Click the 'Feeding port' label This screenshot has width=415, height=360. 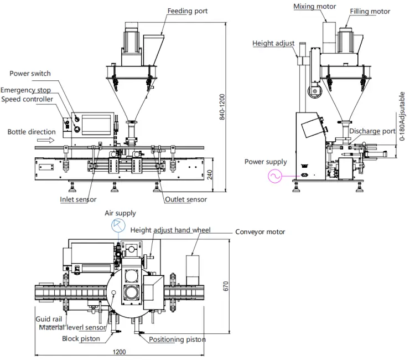[188, 11]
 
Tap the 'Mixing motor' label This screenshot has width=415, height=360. [314, 6]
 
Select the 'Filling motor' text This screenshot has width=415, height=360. [370, 12]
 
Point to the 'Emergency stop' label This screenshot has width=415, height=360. [25, 90]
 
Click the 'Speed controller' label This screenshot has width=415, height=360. [27, 99]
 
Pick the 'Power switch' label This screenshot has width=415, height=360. [30, 73]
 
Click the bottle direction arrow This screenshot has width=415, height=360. [45, 140]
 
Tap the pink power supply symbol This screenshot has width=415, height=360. [274, 176]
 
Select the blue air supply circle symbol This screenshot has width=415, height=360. [118, 226]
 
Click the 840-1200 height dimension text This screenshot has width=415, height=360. [222, 107]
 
